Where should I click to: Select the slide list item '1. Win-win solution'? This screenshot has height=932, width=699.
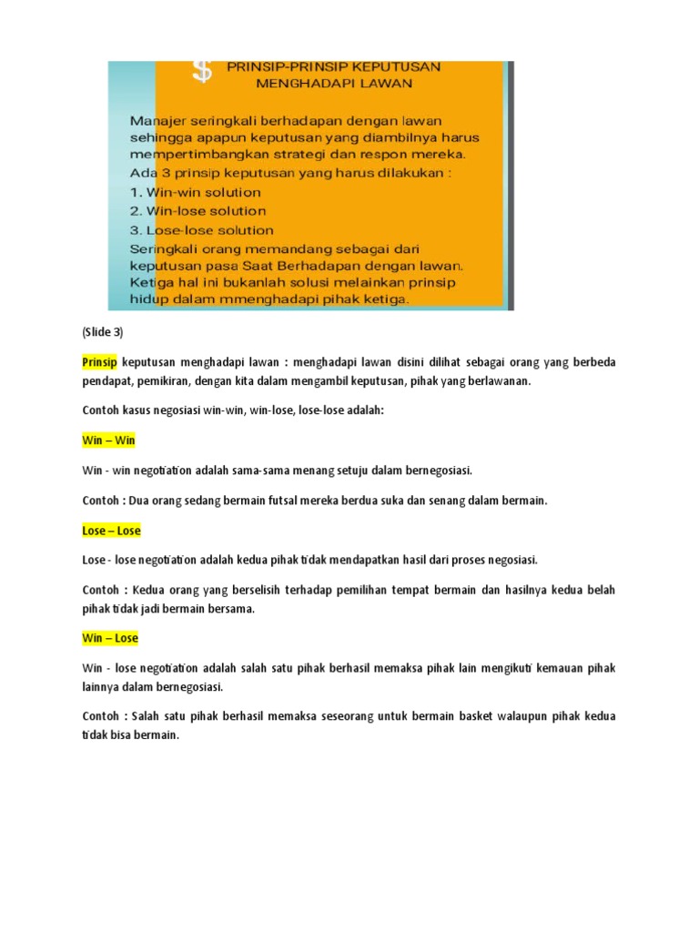(x=195, y=192)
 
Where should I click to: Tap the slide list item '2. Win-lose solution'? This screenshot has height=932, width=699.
(x=198, y=211)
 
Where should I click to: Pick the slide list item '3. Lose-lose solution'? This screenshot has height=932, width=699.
(x=202, y=230)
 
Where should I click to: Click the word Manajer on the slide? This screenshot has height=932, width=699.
(x=160, y=119)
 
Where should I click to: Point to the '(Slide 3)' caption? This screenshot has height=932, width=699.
(x=102, y=331)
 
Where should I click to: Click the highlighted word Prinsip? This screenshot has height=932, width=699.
(x=100, y=362)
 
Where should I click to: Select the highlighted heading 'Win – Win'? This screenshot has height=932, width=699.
(x=108, y=441)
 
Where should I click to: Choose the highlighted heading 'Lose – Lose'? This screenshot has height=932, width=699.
(x=111, y=530)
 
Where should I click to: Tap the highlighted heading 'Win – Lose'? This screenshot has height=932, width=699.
(x=110, y=638)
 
